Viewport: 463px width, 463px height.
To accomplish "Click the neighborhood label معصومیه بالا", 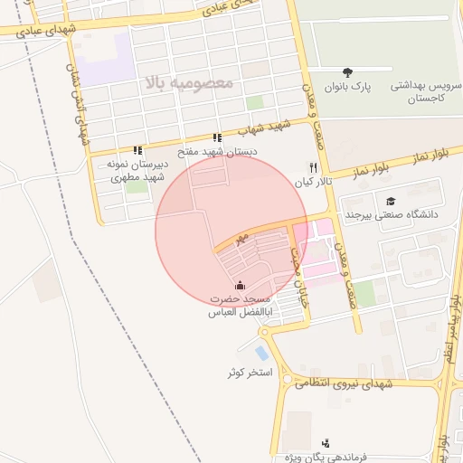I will pos(187,83).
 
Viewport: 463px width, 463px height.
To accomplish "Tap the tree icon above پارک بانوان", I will pos(348,72).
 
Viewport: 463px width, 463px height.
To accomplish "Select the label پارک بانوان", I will pos(349,88).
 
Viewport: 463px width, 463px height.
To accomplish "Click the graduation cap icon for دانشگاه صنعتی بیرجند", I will pos(391,201).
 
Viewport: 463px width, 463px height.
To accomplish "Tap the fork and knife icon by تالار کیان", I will pos(314,167).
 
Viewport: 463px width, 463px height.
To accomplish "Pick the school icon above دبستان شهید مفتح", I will pos(216,137).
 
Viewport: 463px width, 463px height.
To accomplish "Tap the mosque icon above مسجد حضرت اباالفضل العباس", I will pos(240,286).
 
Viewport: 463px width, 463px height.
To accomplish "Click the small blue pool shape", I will pos(262,353).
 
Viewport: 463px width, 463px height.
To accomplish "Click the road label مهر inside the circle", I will pos(240,240).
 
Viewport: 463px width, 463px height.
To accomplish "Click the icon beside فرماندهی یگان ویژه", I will pos(326,443).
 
